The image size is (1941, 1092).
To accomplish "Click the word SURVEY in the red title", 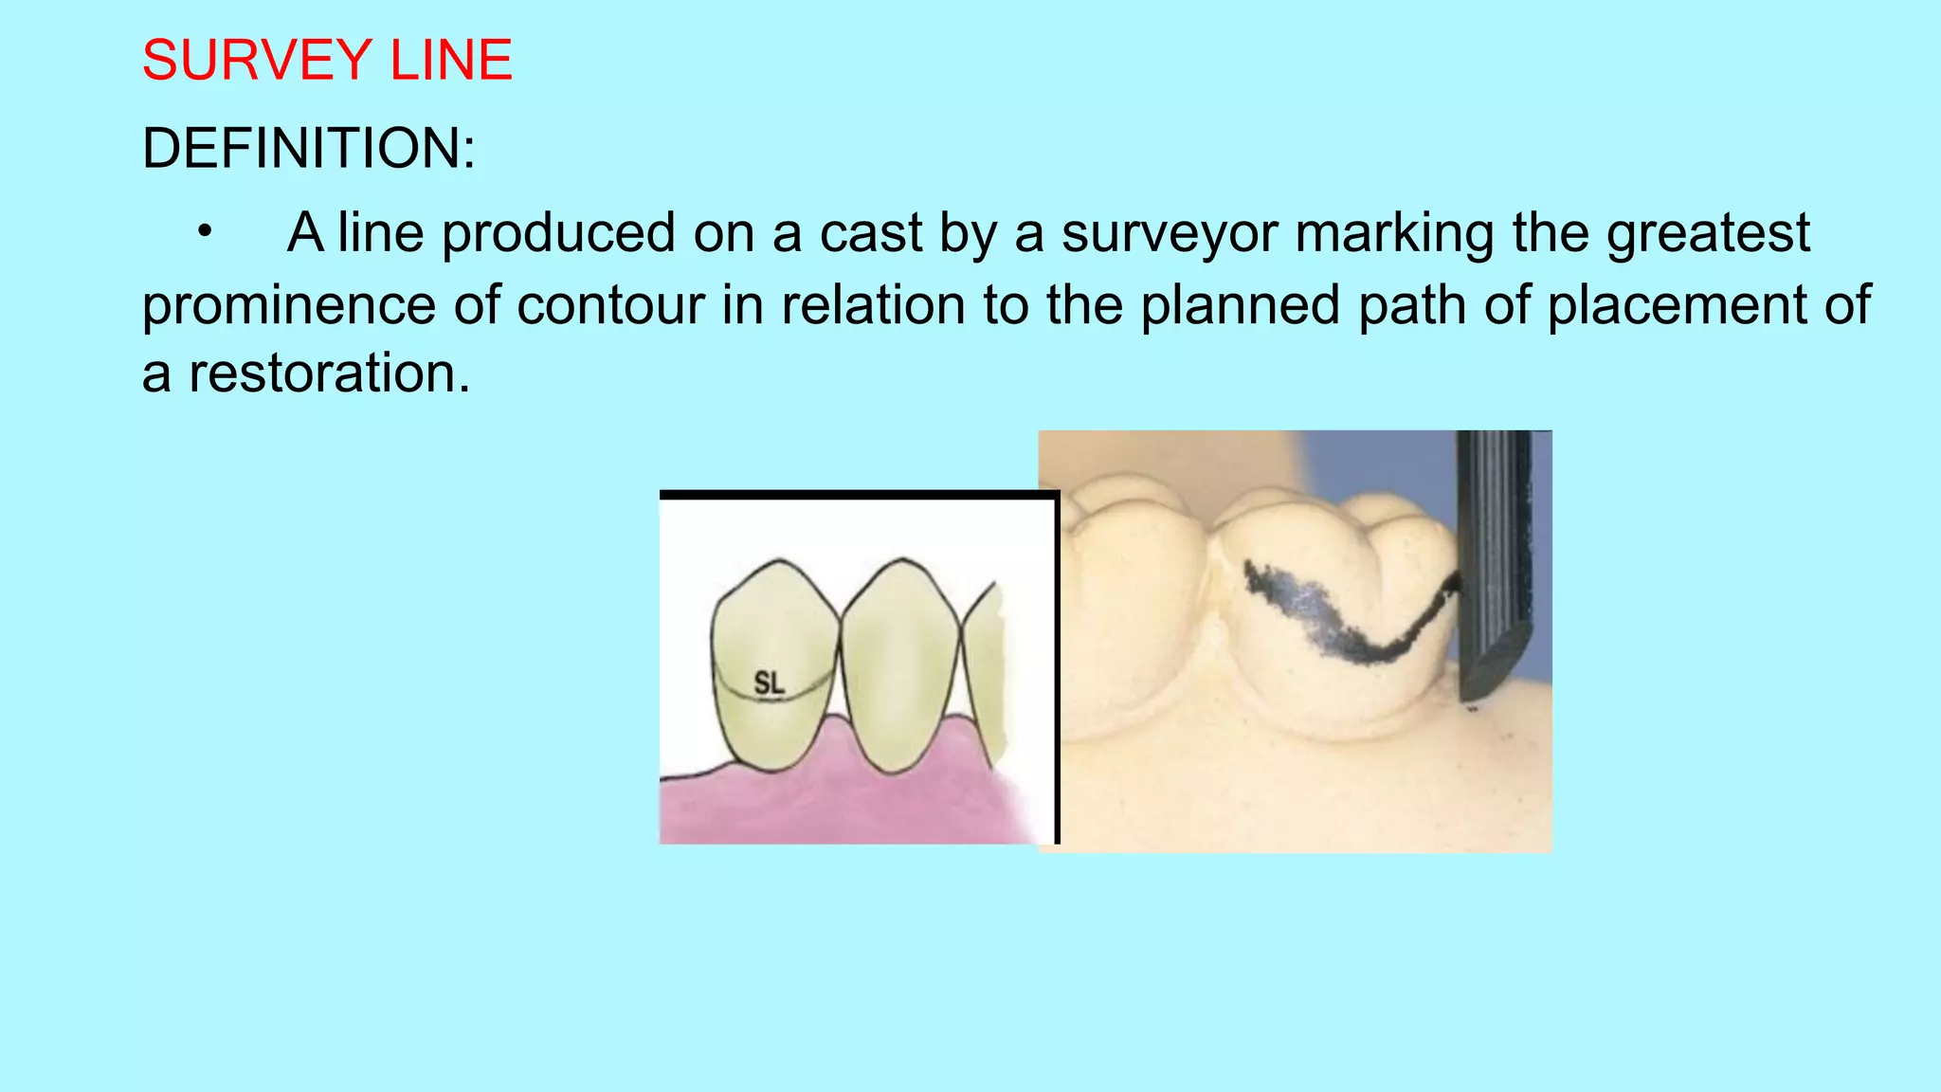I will (256, 61).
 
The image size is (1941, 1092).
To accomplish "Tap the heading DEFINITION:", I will (308, 149).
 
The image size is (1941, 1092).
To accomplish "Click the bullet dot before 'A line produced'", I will (205, 232).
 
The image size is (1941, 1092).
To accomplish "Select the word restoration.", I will (329, 373).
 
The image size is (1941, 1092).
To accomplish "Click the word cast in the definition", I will (870, 234).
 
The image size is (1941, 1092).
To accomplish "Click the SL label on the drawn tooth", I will (769, 682).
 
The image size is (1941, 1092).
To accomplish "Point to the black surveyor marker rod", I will (1494, 559).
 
